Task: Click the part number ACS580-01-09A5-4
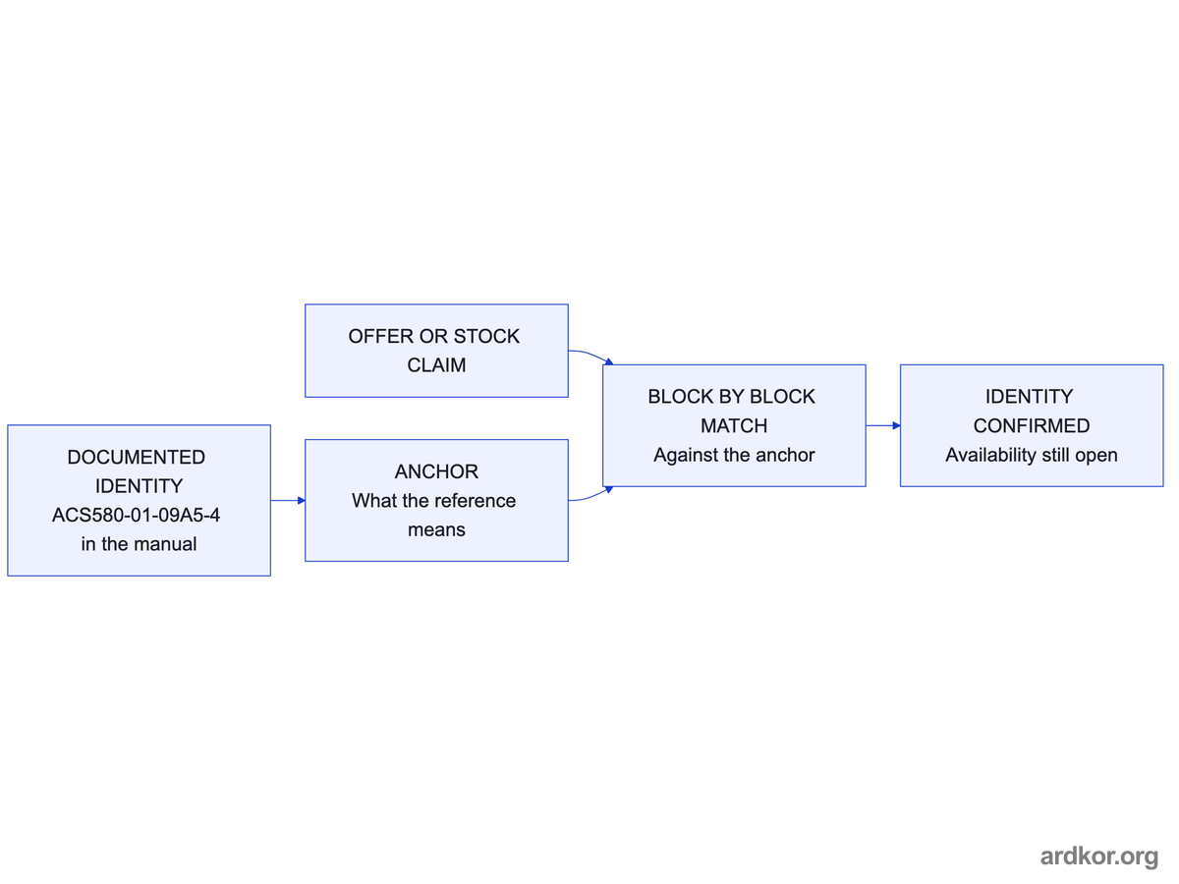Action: pyautogui.click(x=136, y=516)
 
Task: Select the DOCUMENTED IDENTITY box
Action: pyautogui.click(x=140, y=500)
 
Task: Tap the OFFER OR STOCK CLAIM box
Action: pyautogui.click(x=436, y=351)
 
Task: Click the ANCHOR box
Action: pyautogui.click(x=436, y=500)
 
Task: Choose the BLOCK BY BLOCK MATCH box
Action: pyautogui.click(x=734, y=425)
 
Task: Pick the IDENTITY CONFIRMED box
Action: pyautogui.click(x=1032, y=425)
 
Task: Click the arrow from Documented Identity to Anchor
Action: pyautogui.click(x=288, y=500)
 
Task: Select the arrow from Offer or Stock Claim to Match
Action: pyautogui.click(x=590, y=356)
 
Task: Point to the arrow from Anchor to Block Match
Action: pyautogui.click(x=590, y=495)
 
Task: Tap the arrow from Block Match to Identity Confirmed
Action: pyautogui.click(x=883, y=425)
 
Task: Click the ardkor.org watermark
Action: pyautogui.click(x=1099, y=856)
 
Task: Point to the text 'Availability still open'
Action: pyautogui.click(x=1032, y=455)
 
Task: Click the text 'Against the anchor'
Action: pyautogui.click(x=734, y=455)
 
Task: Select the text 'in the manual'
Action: pyautogui.click(x=140, y=544)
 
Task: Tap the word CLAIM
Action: pyautogui.click(x=436, y=365)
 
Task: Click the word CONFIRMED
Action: pyautogui.click(x=1032, y=426)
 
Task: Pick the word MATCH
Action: pyautogui.click(x=734, y=426)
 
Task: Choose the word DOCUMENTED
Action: pyautogui.click(x=137, y=458)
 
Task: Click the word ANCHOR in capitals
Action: pyautogui.click(x=436, y=471)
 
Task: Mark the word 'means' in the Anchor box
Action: pyautogui.click(x=436, y=530)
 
